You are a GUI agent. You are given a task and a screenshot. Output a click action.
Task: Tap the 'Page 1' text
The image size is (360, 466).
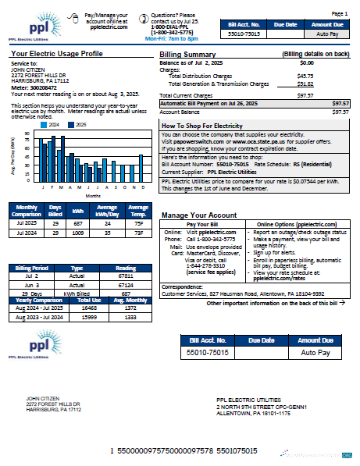tap(340, 14)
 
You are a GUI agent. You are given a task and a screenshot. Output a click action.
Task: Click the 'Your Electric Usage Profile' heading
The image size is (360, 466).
tap(56, 54)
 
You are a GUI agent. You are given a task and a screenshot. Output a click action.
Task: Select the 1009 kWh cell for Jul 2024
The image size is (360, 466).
tap(78, 233)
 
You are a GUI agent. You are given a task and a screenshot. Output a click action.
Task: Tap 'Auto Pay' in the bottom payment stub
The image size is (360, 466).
tap(315, 352)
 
